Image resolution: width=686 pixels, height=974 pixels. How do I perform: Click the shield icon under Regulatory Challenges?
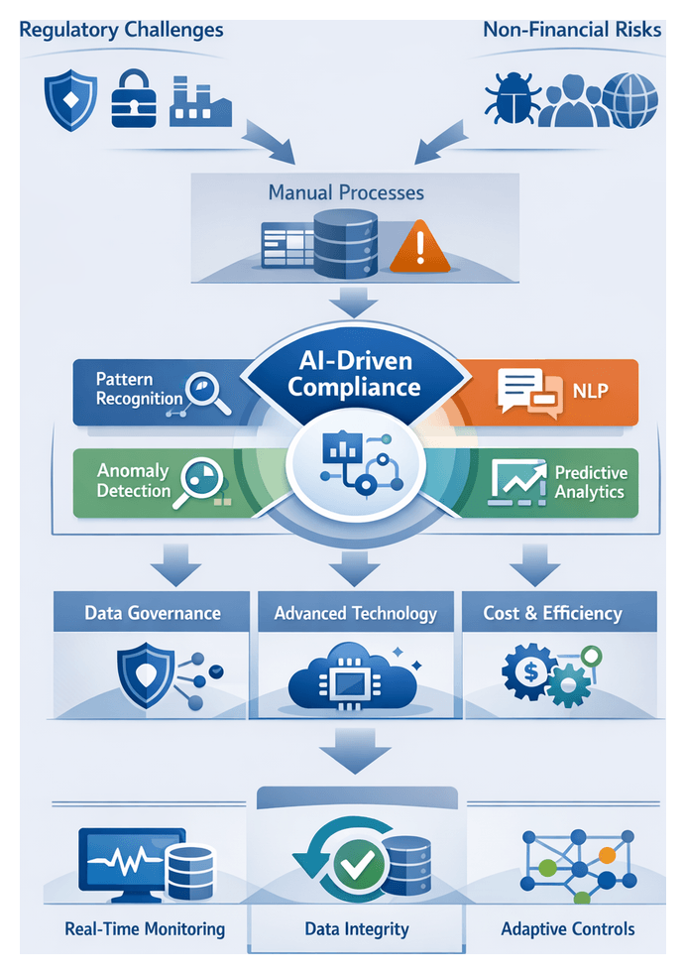(x=71, y=99)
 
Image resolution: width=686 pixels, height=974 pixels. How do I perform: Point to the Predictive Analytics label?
(x=590, y=482)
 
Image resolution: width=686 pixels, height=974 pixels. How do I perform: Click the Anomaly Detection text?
(x=133, y=481)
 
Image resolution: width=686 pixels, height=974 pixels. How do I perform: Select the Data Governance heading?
(x=153, y=613)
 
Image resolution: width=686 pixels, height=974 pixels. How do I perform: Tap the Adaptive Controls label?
(x=568, y=929)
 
